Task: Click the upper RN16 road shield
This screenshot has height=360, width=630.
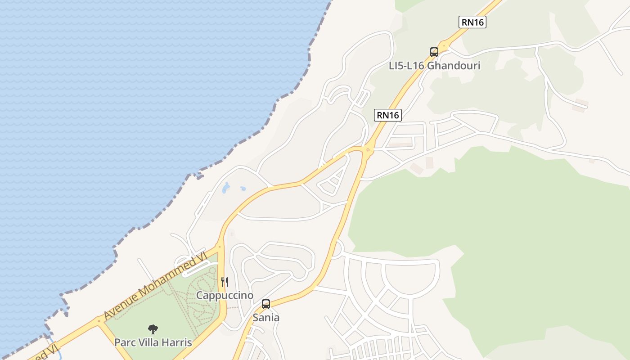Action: click(472, 22)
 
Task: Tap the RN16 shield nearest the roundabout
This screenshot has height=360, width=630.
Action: click(387, 115)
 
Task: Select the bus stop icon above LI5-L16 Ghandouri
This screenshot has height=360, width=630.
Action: click(434, 52)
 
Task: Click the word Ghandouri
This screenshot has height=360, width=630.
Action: click(453, 66)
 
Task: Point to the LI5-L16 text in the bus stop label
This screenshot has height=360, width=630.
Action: click(406, 66)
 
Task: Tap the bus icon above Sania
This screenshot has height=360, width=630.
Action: click(266, 304)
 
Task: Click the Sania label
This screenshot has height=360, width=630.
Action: click(266, 318)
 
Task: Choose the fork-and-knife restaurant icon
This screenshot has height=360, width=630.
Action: click(225, 282)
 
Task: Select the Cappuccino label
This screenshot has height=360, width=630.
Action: click(225, 295)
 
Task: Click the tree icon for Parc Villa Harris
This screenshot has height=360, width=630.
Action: click(153, 329)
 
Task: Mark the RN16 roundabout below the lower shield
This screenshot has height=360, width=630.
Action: click(368, 150)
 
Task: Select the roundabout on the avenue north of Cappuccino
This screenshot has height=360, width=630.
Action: click(220, 246)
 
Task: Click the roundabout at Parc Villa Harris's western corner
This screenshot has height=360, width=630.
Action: click(99, 321)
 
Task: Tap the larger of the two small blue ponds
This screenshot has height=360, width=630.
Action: click(226, 188)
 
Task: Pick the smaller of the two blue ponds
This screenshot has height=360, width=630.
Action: click(243, 189)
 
